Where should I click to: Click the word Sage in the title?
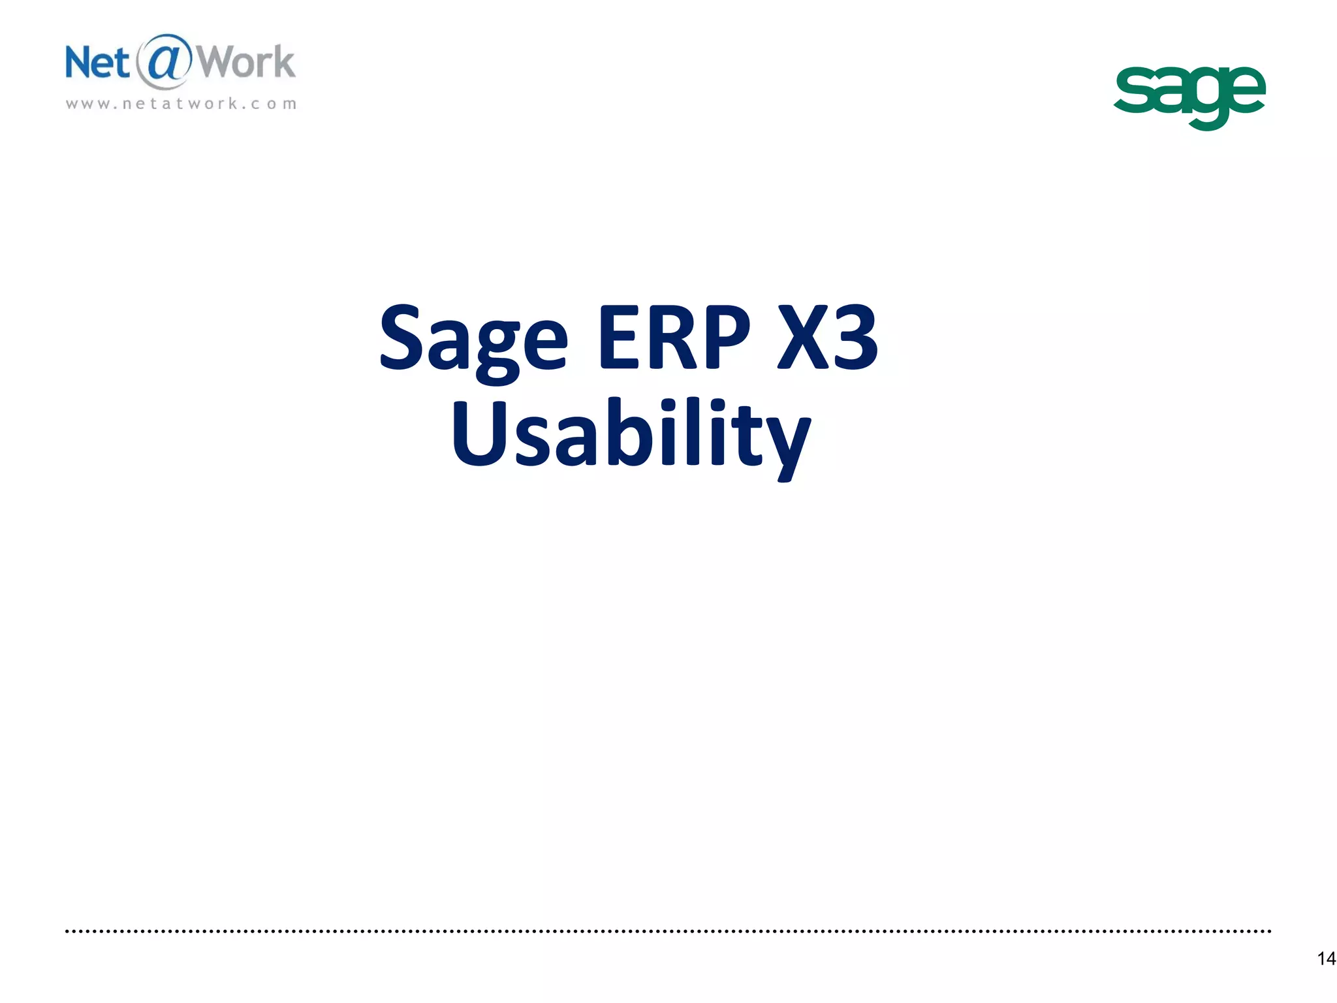point(473,340)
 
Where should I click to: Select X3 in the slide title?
point(828,338)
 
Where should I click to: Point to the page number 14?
point(1326,959)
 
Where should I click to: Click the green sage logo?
point(1189,95)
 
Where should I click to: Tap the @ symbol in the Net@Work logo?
point(163,61)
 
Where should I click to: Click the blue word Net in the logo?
point(97,63)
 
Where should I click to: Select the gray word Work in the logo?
point(246,63)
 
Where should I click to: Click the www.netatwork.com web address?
point(181,104)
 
